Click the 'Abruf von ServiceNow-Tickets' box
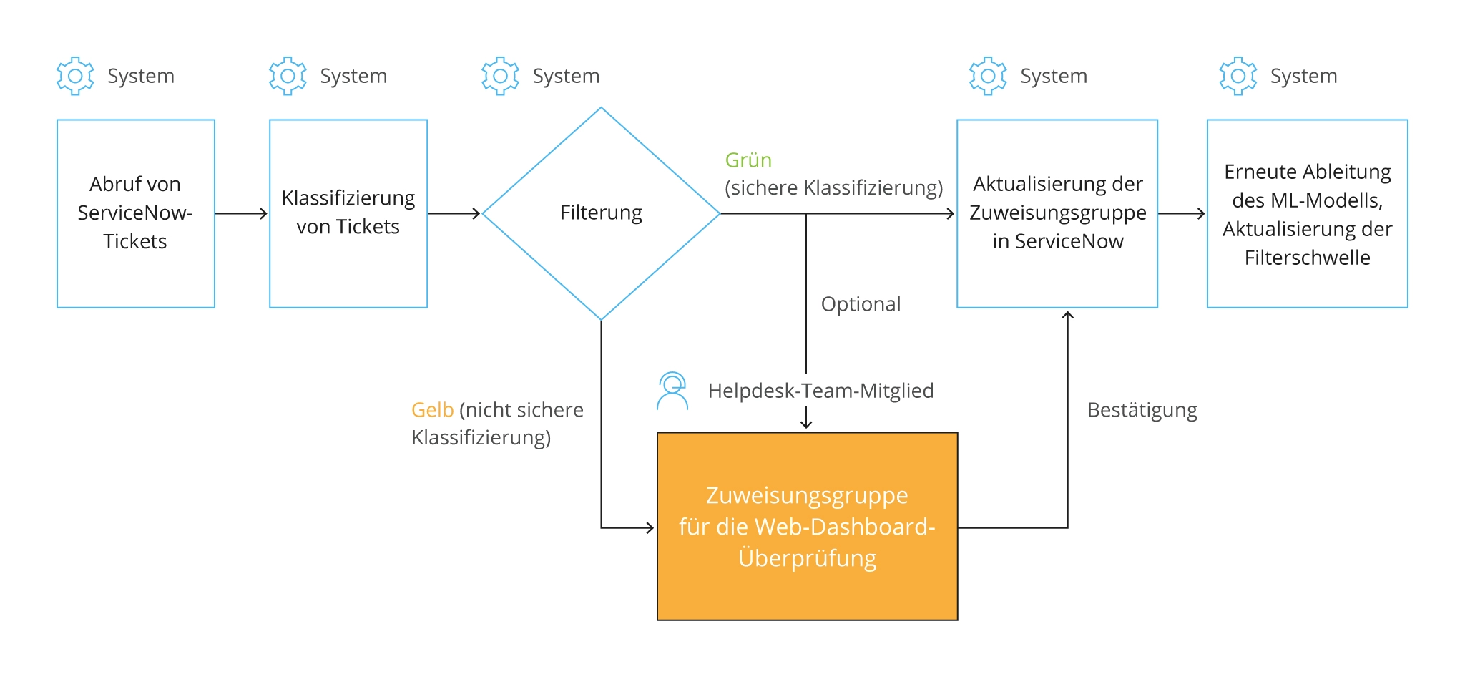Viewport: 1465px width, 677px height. tap(135, 213)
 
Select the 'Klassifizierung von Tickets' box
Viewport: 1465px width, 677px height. tap(348, 213)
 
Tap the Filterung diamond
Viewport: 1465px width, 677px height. tap(601, 213)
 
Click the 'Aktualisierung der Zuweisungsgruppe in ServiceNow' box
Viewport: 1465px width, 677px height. tap(1057, 213)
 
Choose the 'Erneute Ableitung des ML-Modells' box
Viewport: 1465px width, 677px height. tap(1307, 213)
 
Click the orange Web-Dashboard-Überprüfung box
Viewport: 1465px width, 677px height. tap(807, 526)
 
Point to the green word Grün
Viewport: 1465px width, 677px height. tap(748, 160)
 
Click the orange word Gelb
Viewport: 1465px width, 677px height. tap(432, 410)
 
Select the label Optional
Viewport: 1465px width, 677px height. tap(861, 304)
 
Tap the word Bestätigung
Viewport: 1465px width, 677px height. tap(1142, 410)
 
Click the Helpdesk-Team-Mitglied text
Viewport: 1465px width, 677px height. tap(820, 391)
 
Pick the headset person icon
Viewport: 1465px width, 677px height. tap(672, 391)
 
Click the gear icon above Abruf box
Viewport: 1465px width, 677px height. tap(75, 76)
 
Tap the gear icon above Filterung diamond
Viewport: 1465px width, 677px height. tap(500, 76)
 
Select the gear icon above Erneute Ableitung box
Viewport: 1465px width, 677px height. tap(1238, 76)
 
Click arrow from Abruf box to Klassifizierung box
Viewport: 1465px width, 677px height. tap(242, 213)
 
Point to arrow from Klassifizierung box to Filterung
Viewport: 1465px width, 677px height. tap(454, 213)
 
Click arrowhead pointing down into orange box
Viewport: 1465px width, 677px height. tap(806, 422)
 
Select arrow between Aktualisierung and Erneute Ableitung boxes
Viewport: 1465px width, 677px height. tap(1182, 213)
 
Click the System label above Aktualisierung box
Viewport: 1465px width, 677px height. tap(1053, 76)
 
